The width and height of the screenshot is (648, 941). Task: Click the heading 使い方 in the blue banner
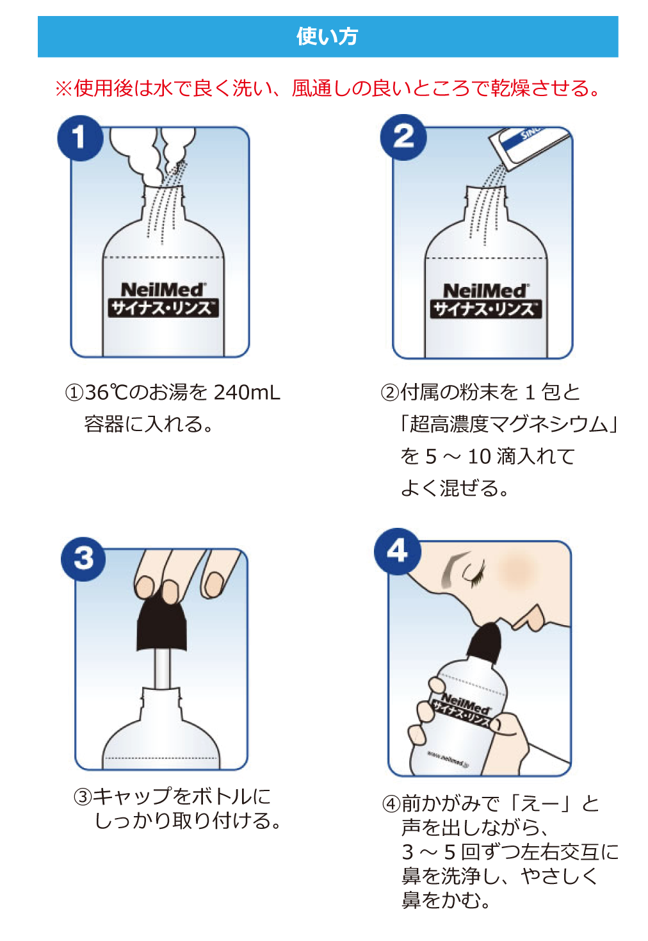(x=327, y=37)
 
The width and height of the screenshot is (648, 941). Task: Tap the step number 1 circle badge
(x=79, y=137)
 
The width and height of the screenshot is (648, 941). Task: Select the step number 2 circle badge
(x=403, y=136)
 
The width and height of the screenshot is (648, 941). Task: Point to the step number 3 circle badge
(x=84, y=559)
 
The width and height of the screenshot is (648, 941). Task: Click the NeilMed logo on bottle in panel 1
(x=163, y=290)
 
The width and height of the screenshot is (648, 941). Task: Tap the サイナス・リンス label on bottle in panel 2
(x=485, y=309)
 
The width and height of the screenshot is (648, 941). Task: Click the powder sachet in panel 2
(x=528, y=145)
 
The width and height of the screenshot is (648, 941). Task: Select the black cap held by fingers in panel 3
(x=162, y=625)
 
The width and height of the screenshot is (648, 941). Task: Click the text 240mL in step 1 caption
(x=247, y=392)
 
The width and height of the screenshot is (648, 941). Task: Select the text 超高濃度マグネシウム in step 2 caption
(x=509, y=424)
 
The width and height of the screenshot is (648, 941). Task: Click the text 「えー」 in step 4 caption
(x=541, y=803)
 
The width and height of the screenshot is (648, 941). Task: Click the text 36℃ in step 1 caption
(x=107, y=392)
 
